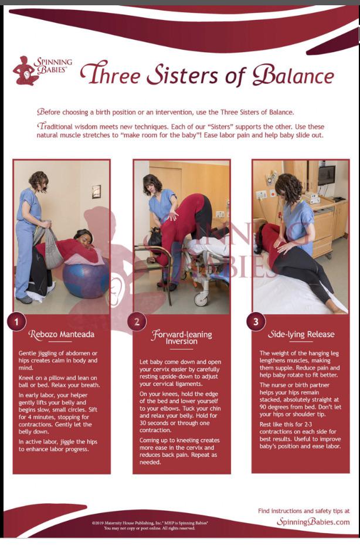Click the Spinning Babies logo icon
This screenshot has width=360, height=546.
coord(26,71)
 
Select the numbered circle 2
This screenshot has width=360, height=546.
coord(137,321)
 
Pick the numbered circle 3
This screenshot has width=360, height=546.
coord(256,321)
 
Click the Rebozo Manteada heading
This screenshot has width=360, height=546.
coord(62,334)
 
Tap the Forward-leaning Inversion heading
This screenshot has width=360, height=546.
coord(181,338)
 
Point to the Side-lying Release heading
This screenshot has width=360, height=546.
coord(301,334)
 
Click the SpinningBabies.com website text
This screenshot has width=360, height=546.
coord(313,522)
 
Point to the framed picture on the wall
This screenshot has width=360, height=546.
coord(96,191)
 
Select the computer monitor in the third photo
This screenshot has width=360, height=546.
coord(326,175)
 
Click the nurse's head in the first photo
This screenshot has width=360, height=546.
coord(38,181)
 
